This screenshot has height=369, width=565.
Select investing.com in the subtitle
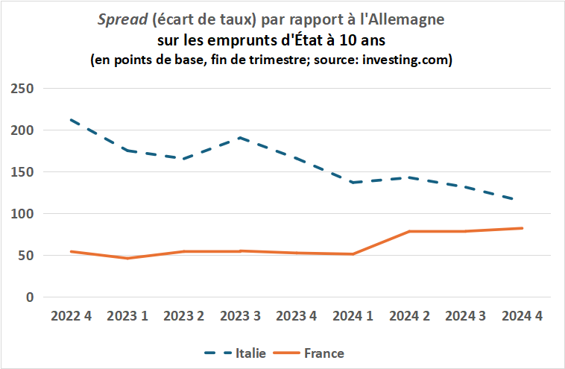(x=404, y=60)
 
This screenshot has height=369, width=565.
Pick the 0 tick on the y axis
(x=30, y=297)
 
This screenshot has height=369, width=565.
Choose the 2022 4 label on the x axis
(x=71, y=315)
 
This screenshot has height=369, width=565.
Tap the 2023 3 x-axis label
(x=239, y=315)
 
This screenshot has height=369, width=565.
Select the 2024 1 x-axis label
(x=353, y=315)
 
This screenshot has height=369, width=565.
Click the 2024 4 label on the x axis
(x=522, y=315)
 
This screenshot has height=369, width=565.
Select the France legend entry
(x=324, y=353)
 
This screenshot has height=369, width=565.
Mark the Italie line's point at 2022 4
(x=71, y=120)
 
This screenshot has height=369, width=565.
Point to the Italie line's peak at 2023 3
(x=239, y=138)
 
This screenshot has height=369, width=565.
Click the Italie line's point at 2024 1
(x=353, y=183)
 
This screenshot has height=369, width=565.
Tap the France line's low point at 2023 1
(x=127, y=259)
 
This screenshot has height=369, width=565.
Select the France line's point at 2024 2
(x=409, y=232)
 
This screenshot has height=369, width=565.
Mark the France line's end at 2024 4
(x=522, y=228)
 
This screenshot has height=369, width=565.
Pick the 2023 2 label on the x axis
(x=183, y=315)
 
